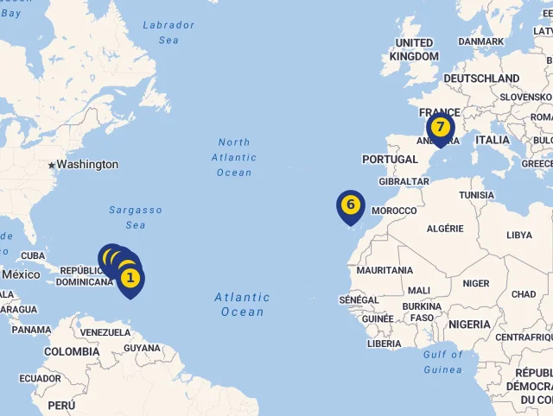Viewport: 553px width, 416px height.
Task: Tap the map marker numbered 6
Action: pos(350,205)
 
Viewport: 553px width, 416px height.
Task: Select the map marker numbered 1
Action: pos(130,278)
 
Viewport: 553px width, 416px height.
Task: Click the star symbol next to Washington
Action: pos(52,165)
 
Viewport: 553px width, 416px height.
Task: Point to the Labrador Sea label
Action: pos(168,33)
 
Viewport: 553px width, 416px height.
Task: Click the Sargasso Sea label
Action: pos(136,217)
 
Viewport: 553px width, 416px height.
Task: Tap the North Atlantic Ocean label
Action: pos(234,157)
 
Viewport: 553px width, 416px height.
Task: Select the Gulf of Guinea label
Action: pos(444,362)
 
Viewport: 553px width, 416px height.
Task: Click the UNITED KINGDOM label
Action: pos(414,49)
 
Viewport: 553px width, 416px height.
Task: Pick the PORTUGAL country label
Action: pos(390,160)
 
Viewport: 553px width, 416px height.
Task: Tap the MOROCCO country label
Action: pos(394,211)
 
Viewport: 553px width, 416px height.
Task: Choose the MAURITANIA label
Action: pos(385,270)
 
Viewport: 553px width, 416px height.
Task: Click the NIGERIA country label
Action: pos(469,325)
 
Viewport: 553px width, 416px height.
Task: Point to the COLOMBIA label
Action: pos(72,351)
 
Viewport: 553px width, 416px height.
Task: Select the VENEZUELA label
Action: pos(105,332)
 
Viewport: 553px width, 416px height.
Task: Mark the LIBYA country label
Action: pos(519,235)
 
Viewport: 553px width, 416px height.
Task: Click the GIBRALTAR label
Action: pos(404,181)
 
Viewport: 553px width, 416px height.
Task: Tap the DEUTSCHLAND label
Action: pos(482,79)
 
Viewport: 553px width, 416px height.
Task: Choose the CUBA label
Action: pos(33,255)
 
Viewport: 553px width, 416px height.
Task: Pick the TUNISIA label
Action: pos(476,195)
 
